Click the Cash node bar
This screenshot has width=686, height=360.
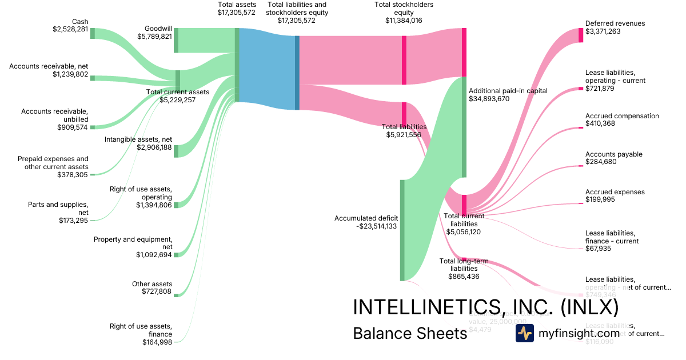[93, 33]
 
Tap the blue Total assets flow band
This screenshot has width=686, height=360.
[266, 69]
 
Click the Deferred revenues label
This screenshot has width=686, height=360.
[615, 23]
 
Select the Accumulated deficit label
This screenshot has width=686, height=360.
[365, 218]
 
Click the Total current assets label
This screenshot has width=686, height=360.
[177, 92]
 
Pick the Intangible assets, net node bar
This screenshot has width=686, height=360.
[176, 151]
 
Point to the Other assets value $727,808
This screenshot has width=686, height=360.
[157, 291]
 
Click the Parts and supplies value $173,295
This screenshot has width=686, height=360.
[74, 220]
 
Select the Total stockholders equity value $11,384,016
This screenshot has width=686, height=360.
[404, 21]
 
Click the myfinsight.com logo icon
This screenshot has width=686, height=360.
[524, 333]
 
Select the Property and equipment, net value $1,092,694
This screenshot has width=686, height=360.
[154, 254]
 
